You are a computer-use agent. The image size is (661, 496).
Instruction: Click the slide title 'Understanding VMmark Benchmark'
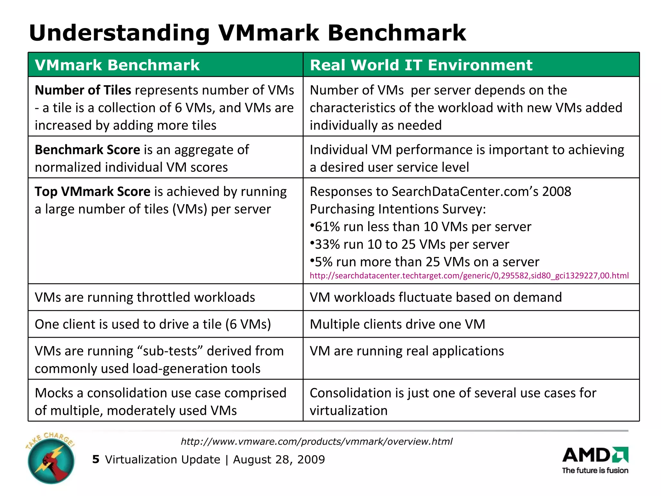click(x=247, y=33)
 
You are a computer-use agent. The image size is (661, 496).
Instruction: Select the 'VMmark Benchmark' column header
click(x=117, y=65)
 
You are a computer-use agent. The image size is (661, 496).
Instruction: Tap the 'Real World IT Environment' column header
click(x=421, y=65)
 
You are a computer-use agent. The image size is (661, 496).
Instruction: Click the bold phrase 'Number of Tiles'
click(x=83, y=90)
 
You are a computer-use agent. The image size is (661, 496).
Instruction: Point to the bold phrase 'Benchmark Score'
click(x=87, y=150)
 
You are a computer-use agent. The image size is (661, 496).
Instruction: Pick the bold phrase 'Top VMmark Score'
click(x=93, y=191)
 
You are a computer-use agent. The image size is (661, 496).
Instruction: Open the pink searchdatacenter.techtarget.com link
click(x=469, y=276)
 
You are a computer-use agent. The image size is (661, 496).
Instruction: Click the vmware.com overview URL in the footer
click(x=317, y=441)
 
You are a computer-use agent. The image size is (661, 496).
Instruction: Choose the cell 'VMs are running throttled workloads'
click(x=145, y=297)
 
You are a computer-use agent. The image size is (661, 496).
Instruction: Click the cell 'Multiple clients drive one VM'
click(x=397, y=324)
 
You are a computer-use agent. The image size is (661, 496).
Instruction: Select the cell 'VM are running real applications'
click(x=407, y=351)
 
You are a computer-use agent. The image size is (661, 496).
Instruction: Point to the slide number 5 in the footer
click(x=96, y=459)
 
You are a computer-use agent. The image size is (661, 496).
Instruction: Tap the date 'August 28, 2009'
click(x=279, y=460)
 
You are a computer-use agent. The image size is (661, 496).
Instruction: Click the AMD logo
click(x=595, y=455)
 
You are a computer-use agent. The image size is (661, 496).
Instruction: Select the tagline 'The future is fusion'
click(x=595, y=470)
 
